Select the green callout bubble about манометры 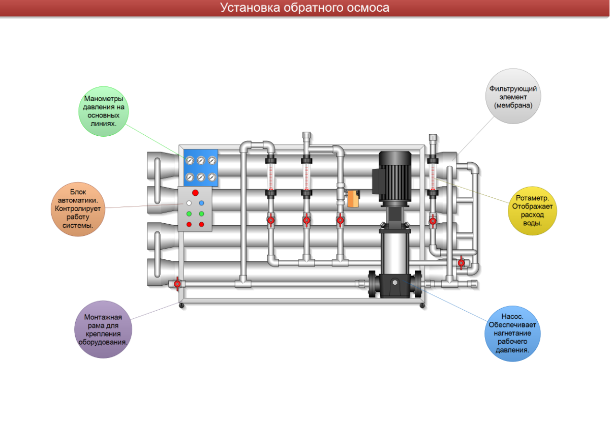[103, 111]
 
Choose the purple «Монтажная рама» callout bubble [103, 329]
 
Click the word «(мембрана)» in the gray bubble [513, 105]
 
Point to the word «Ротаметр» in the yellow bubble [533, 198]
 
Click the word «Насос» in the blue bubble [512, 316]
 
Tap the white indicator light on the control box [189, 203]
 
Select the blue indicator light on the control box [201, 203]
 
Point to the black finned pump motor [396, 176]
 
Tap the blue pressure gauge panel [201, 168]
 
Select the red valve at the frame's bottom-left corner [177, 284]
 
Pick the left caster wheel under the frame [181, 306]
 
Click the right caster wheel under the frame [422, 306]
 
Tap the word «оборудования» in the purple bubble [103, 342]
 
